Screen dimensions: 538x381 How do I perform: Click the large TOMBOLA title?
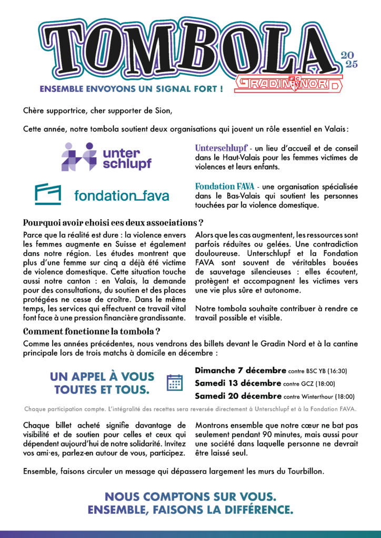coord(184,50)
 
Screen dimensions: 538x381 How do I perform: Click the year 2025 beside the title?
coord(350,60)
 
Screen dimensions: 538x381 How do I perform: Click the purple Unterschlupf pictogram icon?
coord(79,157)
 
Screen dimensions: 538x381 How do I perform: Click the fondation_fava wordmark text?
coord(122,196)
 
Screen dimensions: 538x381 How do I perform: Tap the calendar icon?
coord(174,382)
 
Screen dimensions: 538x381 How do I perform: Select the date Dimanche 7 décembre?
coord(240,370)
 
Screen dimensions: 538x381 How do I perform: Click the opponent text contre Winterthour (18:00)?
coord(319,397)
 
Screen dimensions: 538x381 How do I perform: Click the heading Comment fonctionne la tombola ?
coord(92,332)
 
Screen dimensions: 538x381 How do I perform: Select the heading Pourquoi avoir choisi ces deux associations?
coord(113,222)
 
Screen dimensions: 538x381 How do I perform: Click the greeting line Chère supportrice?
coord(97,111)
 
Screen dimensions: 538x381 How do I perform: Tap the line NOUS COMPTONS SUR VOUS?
coord(190,496)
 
